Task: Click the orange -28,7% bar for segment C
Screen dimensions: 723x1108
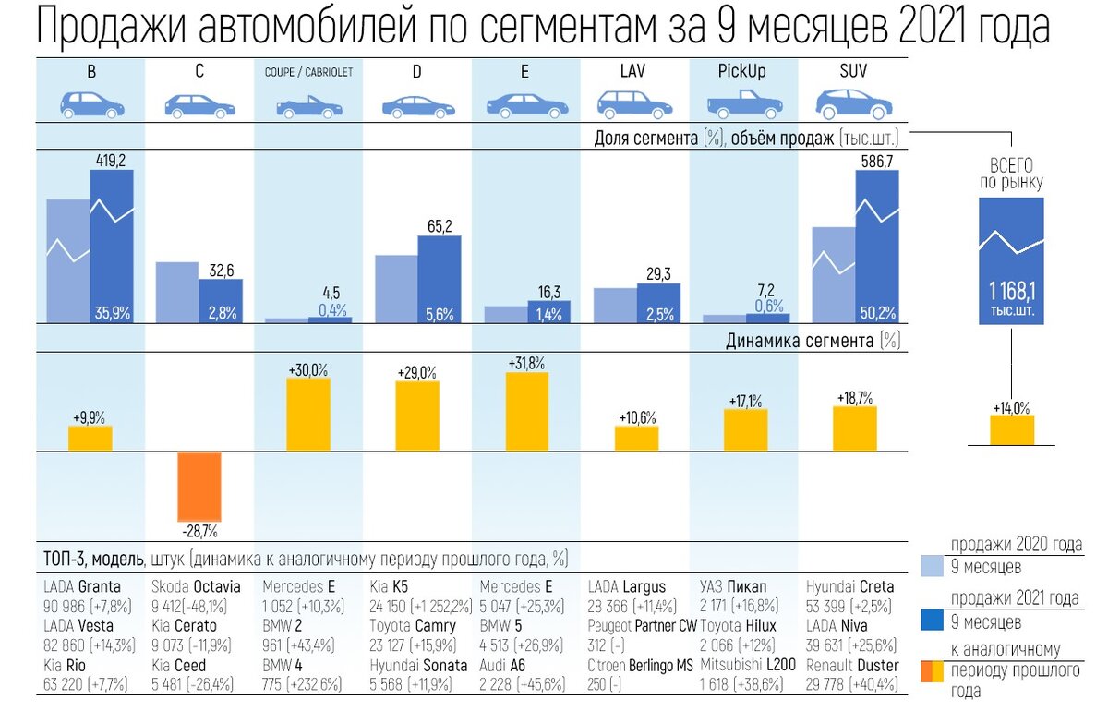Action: click(x=199, y=486)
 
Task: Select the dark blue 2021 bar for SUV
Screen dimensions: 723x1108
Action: click(x=876, y=246)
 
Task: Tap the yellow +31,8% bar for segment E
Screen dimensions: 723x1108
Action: click(x=526, y=411)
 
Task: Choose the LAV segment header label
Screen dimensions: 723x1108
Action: click(x=633, y=71)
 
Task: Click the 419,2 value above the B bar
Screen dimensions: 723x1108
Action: click(x=111, y=161)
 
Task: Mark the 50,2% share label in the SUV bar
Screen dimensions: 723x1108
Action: click(x=877, y=313)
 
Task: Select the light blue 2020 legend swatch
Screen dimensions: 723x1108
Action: click(x=933, y=565)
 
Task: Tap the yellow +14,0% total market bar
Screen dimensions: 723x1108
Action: click(x=1012, y=429)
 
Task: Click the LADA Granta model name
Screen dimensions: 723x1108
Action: click(x=82, y=586)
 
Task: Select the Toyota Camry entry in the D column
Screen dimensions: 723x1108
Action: click(x=413, y=626)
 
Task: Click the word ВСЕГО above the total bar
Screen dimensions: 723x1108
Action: click(x=1011, y=166)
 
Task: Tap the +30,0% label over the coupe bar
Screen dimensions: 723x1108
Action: click(x=307, y=369)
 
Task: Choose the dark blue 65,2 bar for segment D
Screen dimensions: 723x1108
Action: click(x=439, y=279)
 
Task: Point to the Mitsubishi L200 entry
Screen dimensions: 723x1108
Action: click(x=748, y=665)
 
